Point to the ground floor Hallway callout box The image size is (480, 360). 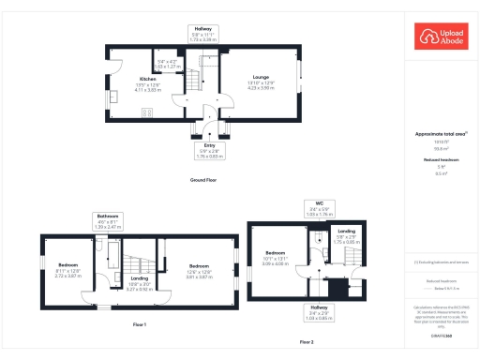203,34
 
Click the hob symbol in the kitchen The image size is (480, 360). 147,113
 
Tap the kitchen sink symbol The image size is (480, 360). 112,97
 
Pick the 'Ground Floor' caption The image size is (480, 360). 203,178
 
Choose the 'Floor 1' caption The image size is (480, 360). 141,324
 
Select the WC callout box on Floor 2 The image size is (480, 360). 319,210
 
